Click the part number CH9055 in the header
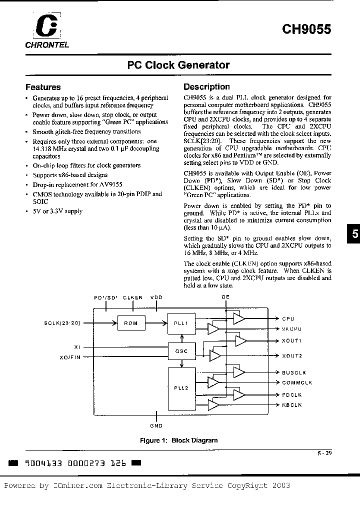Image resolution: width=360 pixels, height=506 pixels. (306, 29)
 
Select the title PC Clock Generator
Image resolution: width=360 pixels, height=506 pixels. (178, 65)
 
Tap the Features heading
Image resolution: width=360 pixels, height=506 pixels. (43, 87)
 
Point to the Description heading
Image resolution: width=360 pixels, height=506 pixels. (206, 87)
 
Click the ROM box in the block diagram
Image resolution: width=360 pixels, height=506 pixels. (130, 323)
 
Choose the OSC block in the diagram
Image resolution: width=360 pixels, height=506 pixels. (181, 351)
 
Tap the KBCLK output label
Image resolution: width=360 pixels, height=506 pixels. (292, 405)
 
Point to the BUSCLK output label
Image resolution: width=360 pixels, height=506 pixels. (293, 372)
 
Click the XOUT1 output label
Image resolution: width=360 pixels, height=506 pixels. (291, 340)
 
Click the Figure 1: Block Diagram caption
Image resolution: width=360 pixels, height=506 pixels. (178, 440)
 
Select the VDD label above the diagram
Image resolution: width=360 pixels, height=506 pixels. (156, 297)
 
